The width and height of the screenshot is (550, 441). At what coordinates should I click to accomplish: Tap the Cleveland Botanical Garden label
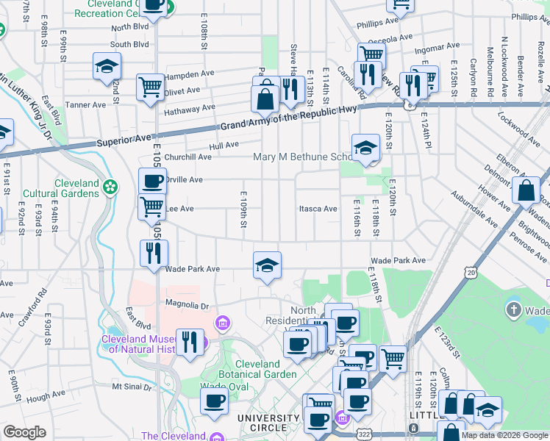click(257, 369)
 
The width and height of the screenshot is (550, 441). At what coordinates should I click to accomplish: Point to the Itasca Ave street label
click(318, 209)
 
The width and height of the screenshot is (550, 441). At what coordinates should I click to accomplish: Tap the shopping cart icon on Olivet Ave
click(150, 87)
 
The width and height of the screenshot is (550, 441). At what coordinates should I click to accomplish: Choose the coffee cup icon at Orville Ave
click(152, 181)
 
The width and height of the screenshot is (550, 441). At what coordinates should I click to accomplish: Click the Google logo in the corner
click(24, 432)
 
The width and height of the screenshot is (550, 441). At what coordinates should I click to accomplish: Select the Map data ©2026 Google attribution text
click(504, 435)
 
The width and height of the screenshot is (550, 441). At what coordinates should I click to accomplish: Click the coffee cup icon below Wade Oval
click(214, 401)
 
